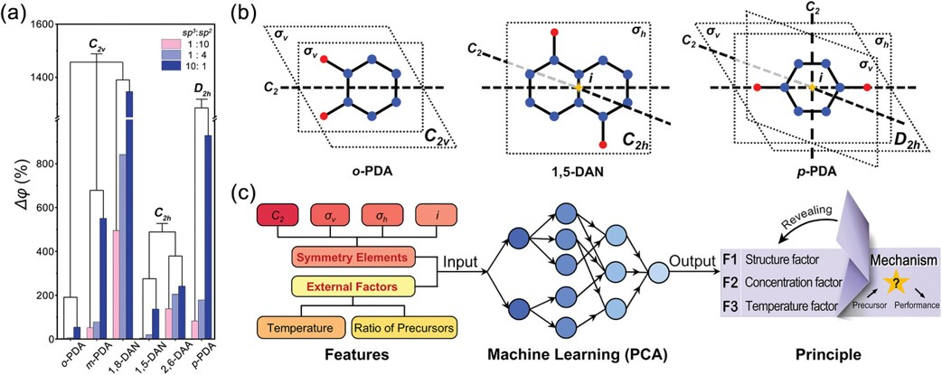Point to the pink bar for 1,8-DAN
117,285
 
